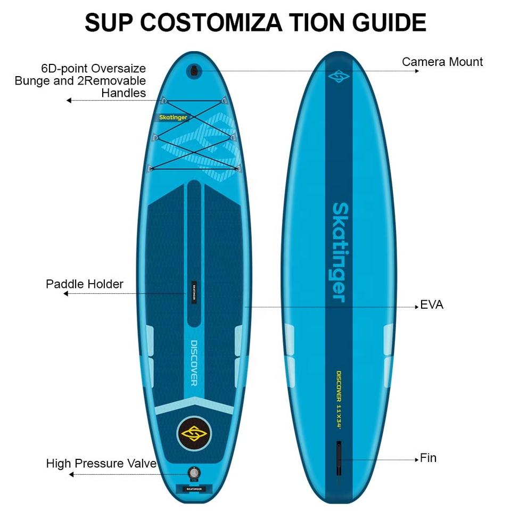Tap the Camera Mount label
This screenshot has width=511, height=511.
(442, 62)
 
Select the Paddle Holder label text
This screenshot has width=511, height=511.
(84, 284)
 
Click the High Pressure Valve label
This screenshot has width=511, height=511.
(101, 463)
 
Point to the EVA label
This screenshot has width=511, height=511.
(432, 305)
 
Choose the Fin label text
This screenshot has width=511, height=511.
(428, 458)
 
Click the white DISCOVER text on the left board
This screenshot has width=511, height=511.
(194, 362)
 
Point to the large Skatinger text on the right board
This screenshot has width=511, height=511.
(340, 251)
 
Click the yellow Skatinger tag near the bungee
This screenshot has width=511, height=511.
(174, 118)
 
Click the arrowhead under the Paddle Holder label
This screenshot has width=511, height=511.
(65, 293)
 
